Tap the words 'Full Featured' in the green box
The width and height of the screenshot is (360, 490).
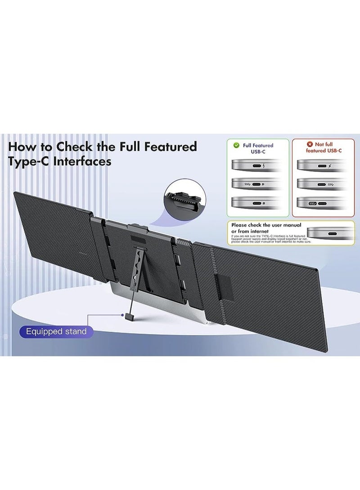coord(258,146)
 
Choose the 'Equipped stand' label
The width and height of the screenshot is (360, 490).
coord(56,332)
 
